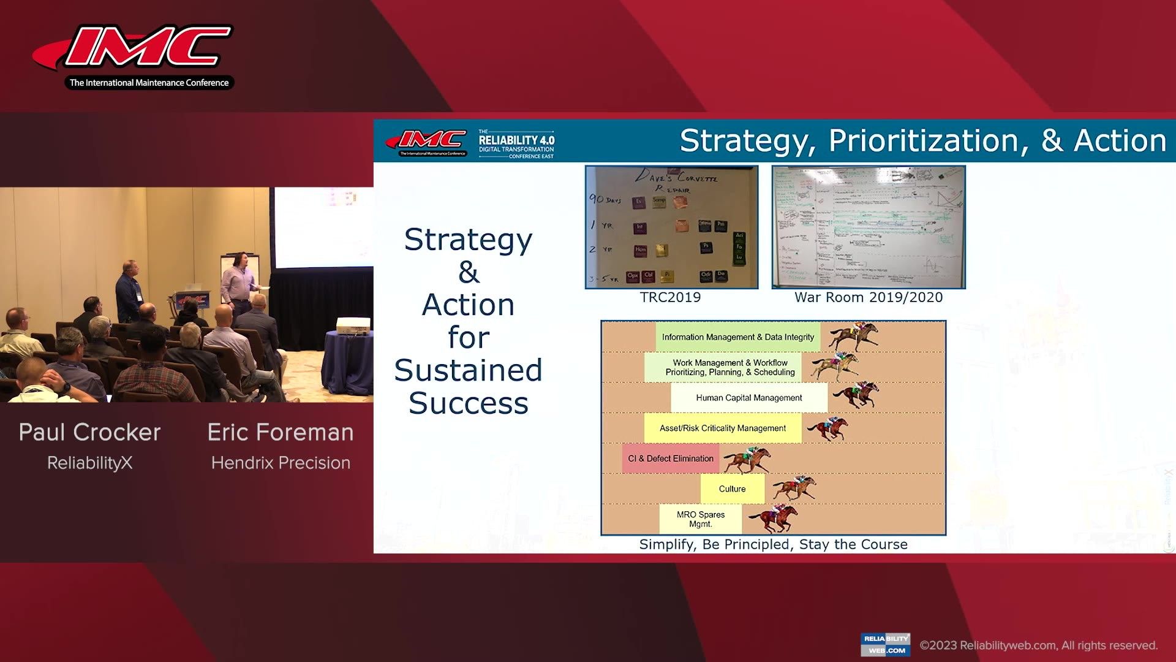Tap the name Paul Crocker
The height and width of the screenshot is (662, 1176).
89,433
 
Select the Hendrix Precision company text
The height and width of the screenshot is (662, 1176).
281,463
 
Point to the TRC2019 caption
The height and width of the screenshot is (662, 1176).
670,297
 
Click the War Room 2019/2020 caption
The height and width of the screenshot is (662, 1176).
868,297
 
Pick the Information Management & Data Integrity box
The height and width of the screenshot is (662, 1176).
737,337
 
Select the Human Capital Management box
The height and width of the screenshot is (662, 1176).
748,398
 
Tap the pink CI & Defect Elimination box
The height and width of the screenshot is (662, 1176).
671,458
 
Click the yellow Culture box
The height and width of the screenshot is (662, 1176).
732,489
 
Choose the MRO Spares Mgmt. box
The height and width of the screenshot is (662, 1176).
700,519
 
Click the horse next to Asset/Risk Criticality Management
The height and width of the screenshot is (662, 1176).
828,428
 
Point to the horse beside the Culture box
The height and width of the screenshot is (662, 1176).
794,488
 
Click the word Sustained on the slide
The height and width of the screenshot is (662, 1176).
468,370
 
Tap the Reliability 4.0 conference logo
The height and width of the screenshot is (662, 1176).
516,144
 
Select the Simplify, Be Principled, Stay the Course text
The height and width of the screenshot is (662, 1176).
773,544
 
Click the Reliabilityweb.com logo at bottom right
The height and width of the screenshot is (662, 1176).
885,644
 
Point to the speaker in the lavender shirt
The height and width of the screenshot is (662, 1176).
239,279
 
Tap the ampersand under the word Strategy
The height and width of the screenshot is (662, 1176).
469,272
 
